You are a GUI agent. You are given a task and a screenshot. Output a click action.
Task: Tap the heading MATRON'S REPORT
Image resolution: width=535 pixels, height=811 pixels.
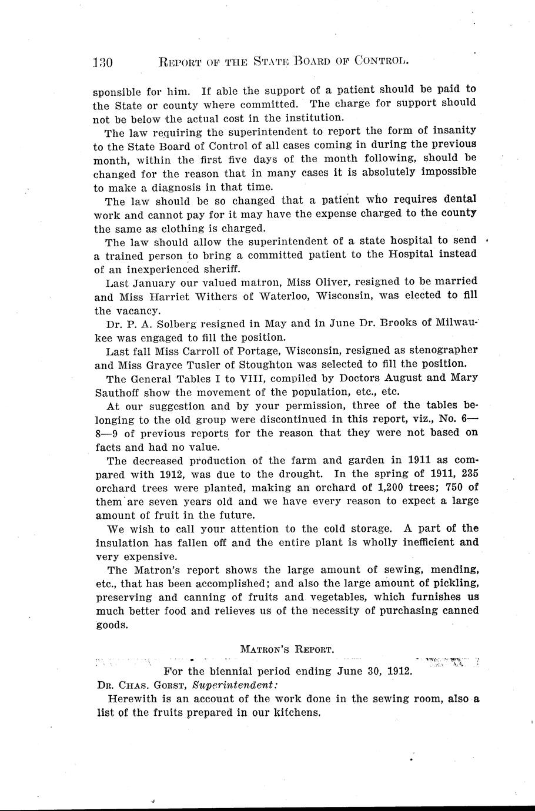[x=287, y=649]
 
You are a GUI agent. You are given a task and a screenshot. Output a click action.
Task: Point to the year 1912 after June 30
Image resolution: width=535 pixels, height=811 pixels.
[x=399, y=671]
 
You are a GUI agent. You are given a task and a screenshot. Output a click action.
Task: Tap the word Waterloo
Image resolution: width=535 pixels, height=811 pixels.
[x=283, y=296]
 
